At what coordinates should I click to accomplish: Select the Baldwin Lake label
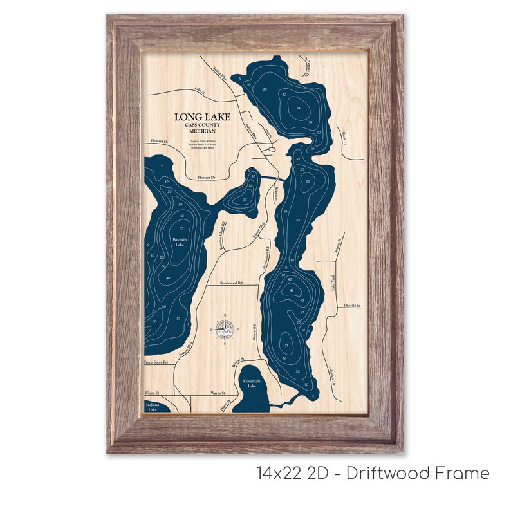click(x=179, y=243)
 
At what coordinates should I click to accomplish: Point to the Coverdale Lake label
click(x=250, y=384)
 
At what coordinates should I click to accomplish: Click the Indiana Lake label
click(x=152, y=407)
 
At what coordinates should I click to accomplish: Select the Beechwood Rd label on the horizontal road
click(x=231, y=282)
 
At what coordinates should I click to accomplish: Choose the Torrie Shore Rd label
click(x=155, y=362)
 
